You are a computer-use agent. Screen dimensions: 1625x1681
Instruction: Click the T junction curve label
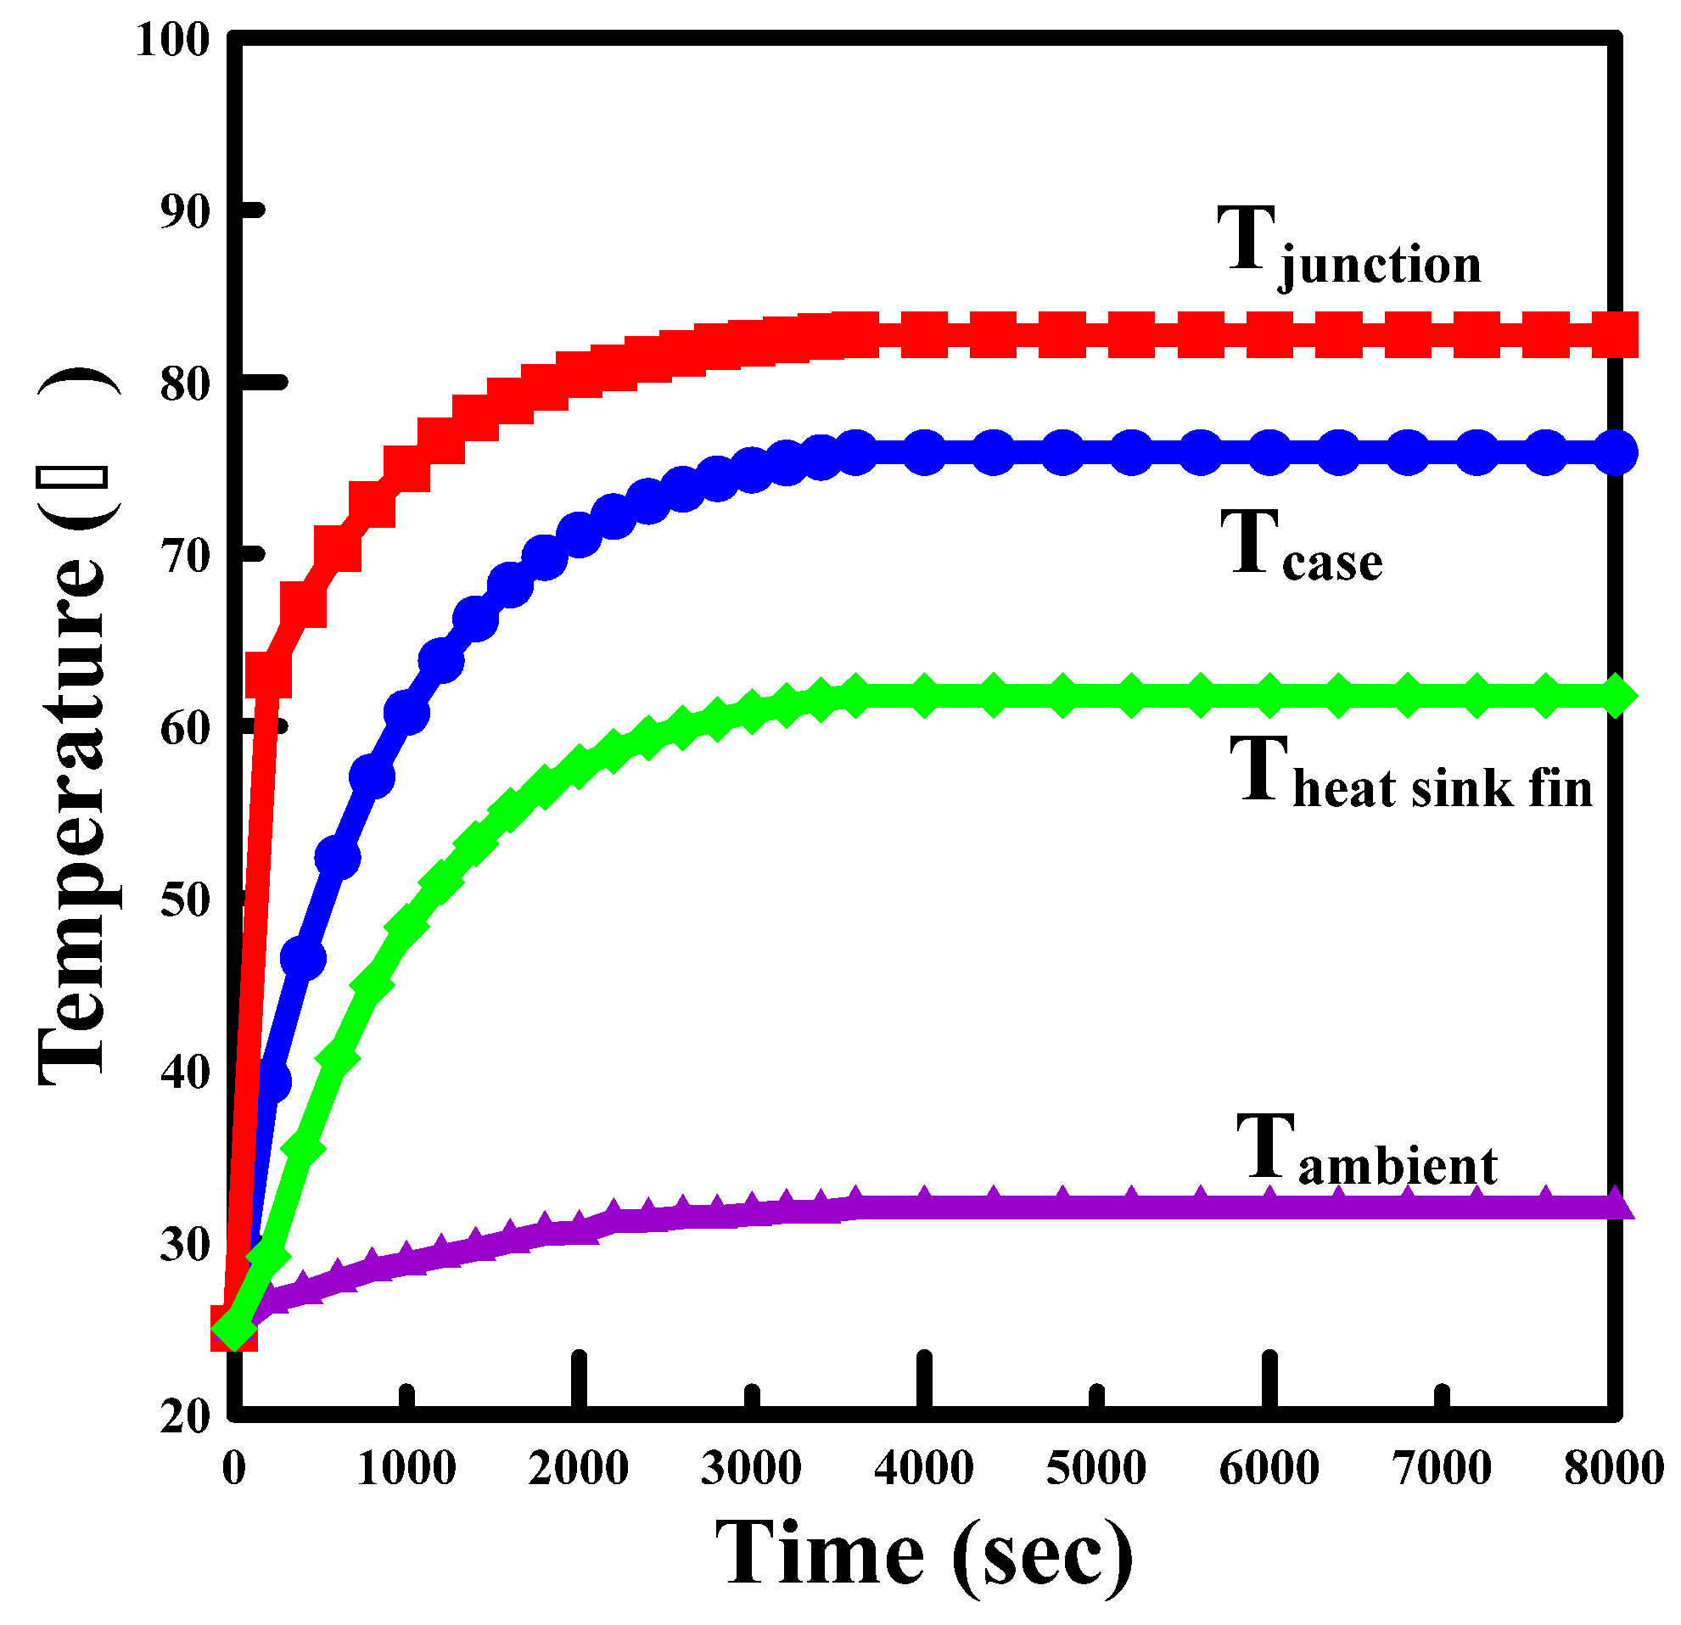(x=1350, y=247)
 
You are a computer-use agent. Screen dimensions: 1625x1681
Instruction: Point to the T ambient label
(x=1366, y=1150)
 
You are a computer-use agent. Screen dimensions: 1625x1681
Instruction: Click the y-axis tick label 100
(x=172, y=39)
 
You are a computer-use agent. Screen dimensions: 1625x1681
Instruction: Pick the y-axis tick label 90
(x=184, y=212)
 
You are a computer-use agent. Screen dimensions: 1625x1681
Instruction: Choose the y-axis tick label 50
(x=184, y=899)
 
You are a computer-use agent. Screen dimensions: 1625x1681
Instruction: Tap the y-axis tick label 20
(x=184, y=1415)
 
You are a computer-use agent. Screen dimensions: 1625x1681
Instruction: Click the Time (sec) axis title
(x=924, y=1554)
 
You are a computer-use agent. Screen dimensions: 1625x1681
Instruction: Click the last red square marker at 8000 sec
(x=1615, y=334)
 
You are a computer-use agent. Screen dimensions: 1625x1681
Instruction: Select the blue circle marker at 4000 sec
(x=925, y=452)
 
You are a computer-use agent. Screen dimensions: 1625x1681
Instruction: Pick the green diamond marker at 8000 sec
(x=1615, y=695)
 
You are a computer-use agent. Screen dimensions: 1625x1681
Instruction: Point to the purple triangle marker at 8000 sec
(x=1615, y=1204)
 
